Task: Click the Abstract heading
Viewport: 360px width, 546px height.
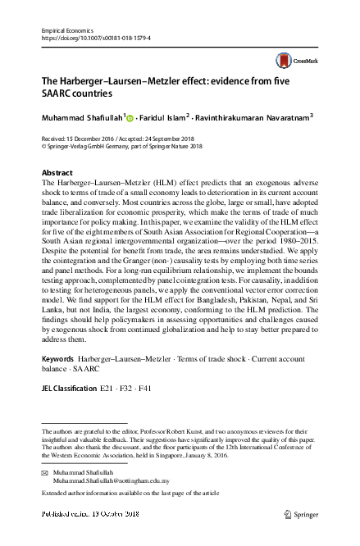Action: click(57, 174)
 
